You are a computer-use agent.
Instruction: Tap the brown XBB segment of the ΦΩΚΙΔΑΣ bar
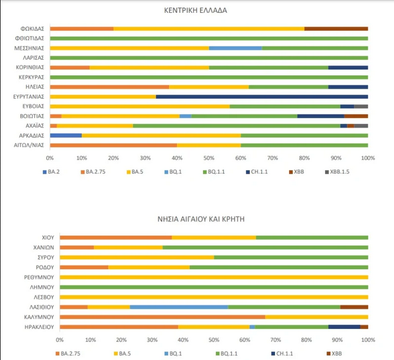pyautogui.click(x=336, y=28)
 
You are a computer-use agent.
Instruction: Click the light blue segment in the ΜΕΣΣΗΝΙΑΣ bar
pyautogui.click(x=235, y=48)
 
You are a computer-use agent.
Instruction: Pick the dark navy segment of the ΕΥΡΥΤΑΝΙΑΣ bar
pyautogui.click(x=262, y=96)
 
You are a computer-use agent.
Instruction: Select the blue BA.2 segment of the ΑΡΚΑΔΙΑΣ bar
pyautogui.click(x=66, y=135)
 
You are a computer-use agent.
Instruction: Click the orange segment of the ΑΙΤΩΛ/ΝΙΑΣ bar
pyautogui.click(x=113, y=145)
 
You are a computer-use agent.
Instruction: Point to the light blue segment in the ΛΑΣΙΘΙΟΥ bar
pyautogui.click(x=179, y=307)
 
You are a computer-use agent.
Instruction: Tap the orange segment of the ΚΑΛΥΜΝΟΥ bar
pyautogui.click(x=162, y=317)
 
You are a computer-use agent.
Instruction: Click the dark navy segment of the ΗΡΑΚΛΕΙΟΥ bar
pyautogui.click(x=344, y=326)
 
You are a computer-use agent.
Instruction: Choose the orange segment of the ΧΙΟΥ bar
pyautogui.click(x=115, y=237)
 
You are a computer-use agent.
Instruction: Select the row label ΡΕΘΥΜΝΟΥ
pyautogui.click(x=41, y=276)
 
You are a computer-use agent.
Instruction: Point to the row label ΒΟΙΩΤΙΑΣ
pyautogui.click(x=34, y=115)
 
